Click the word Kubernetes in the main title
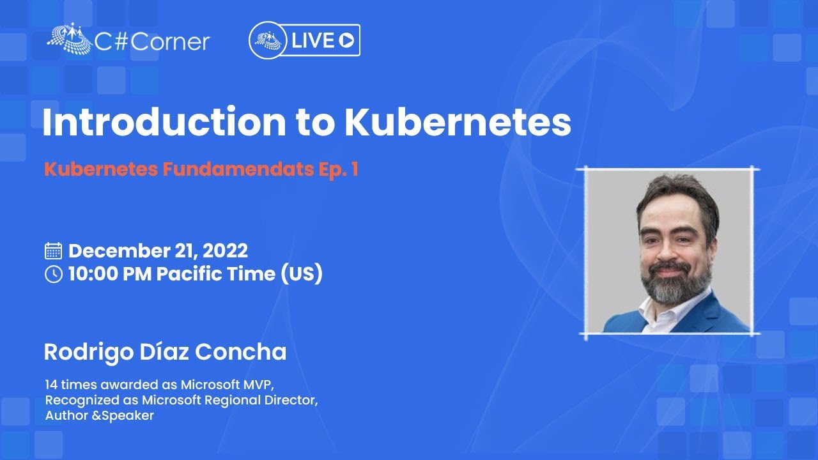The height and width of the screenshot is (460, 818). pos(458,121)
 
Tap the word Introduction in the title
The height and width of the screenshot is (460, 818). pos(164,121)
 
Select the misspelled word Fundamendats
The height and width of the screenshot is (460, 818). pos(238,169)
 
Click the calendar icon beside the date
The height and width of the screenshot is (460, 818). pos(53,251)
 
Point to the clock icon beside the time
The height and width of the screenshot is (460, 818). pos(53,274)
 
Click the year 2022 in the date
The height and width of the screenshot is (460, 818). pos(225,251)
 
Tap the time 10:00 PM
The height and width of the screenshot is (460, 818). pos(110,274)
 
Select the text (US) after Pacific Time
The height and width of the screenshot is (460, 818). pos(302,274)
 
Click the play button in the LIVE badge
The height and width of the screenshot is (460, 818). pos(346,40)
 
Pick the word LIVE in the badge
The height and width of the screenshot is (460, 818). pos(313,40)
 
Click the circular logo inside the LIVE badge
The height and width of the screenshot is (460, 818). pos(268,40)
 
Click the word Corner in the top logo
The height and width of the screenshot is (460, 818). pos(170,42)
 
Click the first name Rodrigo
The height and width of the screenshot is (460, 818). pos(89,353)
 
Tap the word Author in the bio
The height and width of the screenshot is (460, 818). pos(66,415)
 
